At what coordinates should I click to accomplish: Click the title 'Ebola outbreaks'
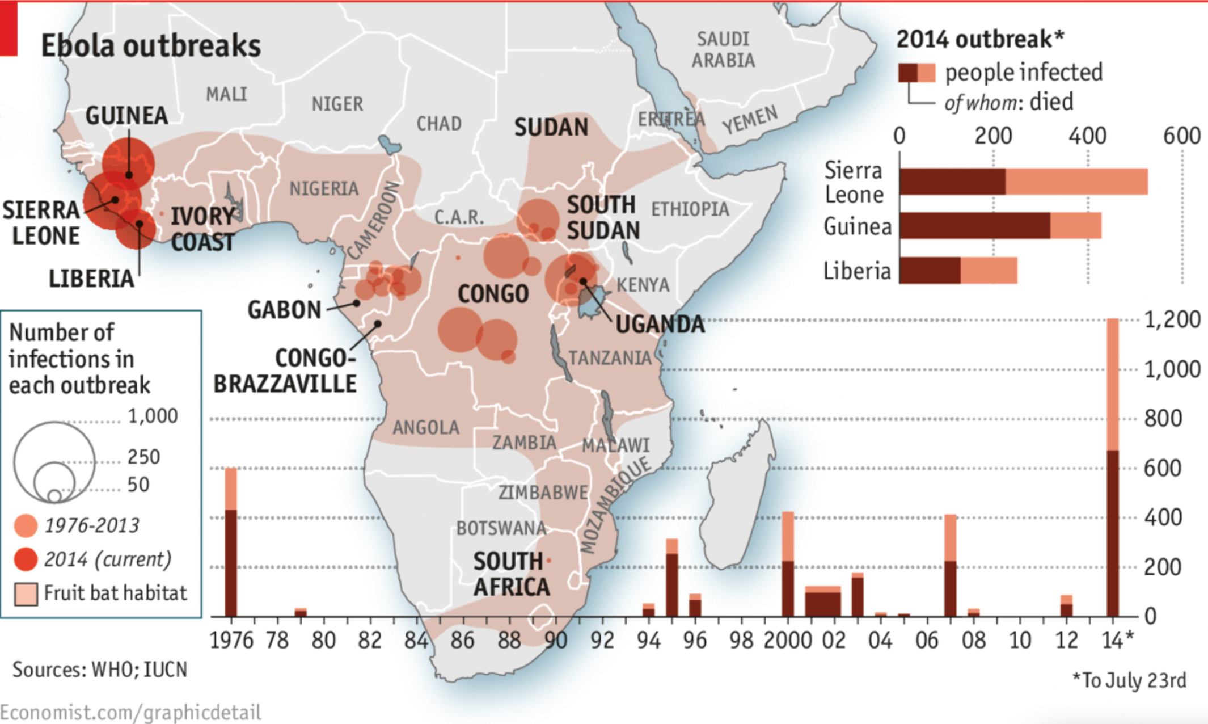click(151, 45)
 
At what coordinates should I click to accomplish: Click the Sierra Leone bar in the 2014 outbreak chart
click(1023, 182)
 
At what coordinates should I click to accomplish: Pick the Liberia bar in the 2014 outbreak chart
click(958, 271)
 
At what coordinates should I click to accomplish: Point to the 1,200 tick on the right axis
click(1172, 319)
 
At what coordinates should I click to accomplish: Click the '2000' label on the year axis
click(788, 641)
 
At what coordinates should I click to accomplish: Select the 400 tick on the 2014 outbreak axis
click(1087, 136)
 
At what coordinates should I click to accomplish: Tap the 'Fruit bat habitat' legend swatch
click(26, 594)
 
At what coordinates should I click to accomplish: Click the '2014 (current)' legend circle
click(26, 559)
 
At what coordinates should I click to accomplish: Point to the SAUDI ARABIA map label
click(723, 50)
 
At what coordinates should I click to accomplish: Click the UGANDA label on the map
click(660, 325)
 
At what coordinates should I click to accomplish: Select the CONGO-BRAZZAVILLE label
click(285, 371)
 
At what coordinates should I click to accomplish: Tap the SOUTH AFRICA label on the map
click(510, 574)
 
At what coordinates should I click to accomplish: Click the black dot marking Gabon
click(356, 303)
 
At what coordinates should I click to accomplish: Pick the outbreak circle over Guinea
click(129, 162)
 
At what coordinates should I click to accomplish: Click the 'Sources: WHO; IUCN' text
click(100, 670)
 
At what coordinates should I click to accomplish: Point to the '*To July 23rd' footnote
click(1129, 680)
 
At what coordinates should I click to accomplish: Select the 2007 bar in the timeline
click(950, 565)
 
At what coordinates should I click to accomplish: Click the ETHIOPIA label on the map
click(690, 209)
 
